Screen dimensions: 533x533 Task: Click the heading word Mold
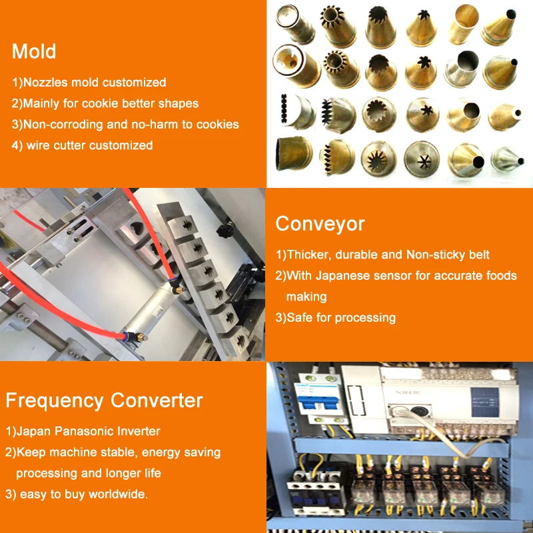(x=34, y=51)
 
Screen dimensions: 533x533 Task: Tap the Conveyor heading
(x=320, y=224)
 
